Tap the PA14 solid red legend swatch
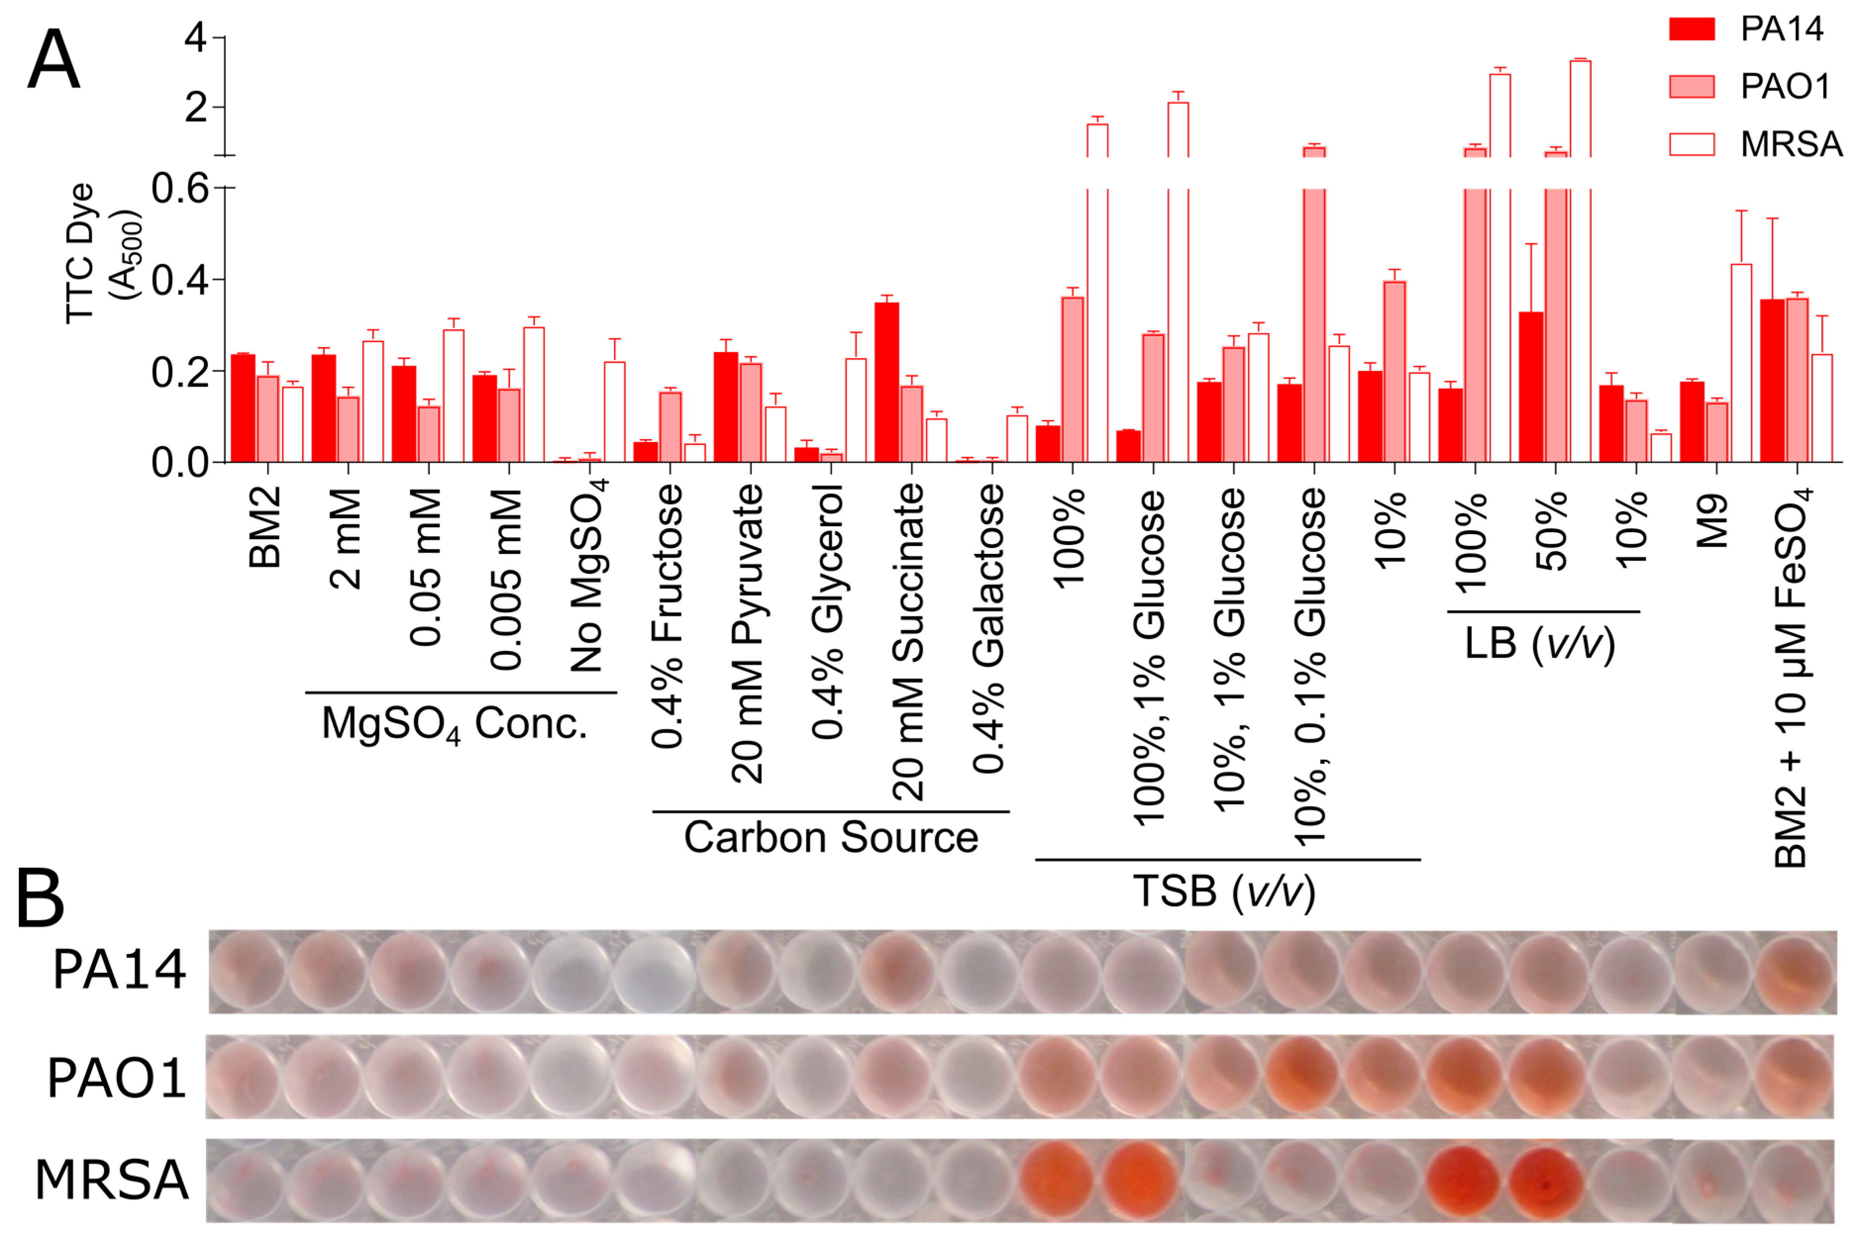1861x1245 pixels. tap(1691, 29)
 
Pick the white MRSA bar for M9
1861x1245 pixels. tap(1741, 363)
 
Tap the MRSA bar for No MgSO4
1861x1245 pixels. tap(614, 412)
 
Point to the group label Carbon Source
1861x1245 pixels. tap(830, 838)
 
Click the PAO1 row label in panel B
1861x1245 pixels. tap(117, 1078)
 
